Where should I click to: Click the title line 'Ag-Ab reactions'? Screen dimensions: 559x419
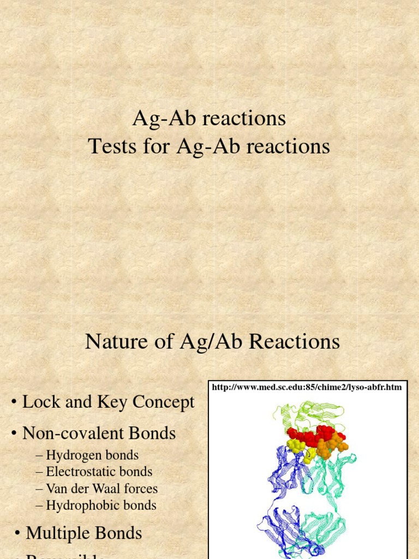coord(209,118)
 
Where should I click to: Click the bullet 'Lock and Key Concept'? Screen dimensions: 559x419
coord(108,402)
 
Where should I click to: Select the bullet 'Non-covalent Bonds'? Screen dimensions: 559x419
coord(99,433)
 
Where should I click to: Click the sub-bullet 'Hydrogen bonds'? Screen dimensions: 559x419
coord(92,455)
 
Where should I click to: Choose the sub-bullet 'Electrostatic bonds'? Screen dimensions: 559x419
coord(99,472)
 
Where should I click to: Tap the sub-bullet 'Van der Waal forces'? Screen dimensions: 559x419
coord(101,489)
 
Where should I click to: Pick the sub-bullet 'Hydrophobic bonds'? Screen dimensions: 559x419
coord(101,506)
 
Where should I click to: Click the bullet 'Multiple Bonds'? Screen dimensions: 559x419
coord(84,533)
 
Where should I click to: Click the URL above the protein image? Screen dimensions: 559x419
coord(307,388)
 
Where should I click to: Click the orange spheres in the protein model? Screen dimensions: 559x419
coord(330,446)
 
